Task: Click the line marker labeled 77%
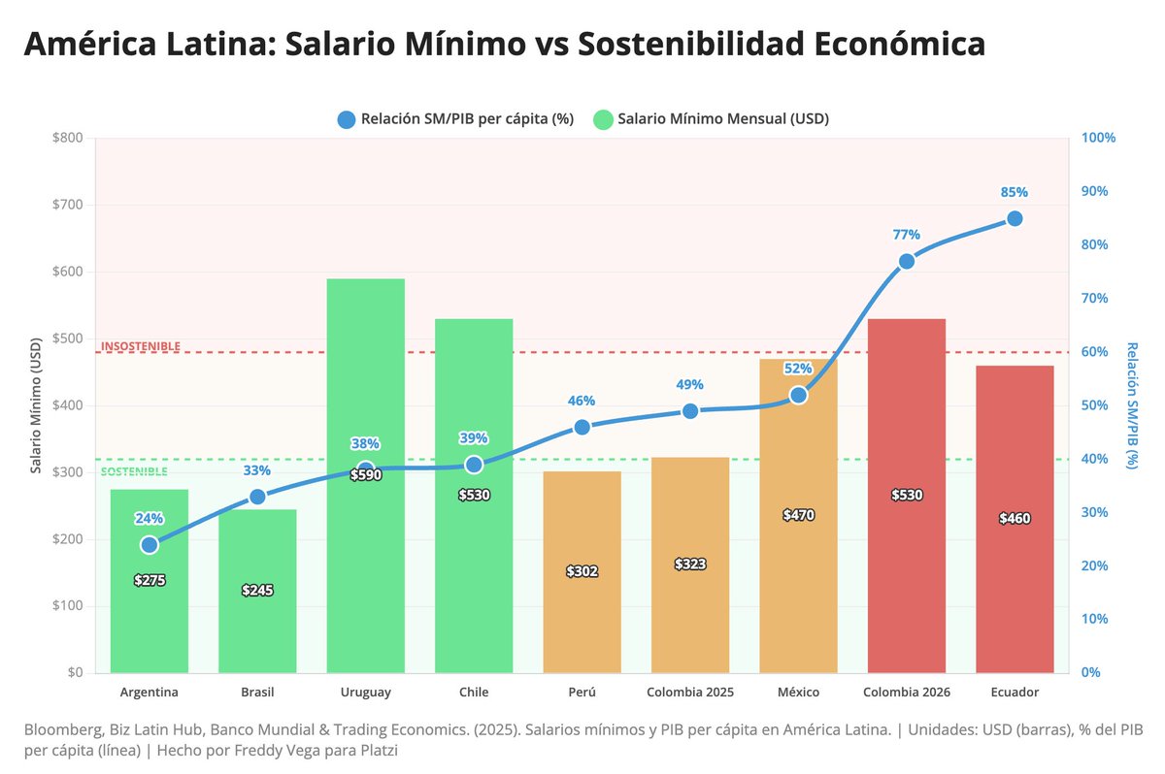[x=907, y=261]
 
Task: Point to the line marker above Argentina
[x=150, y=545]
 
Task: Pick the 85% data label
[x=1015, y=192]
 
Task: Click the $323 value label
[x=690, y=564]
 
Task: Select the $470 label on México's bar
[x=798, y=515]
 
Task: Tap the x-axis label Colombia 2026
[x=907, y=693]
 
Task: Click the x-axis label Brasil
[x=257, y=693]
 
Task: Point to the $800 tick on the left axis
[x=68, y=138]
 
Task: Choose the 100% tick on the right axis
[x=1098, y=138]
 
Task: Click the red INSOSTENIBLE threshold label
[x=141, y=346]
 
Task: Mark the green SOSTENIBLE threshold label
[x=134, y=471]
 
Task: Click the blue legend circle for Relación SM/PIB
[x=347, y=119]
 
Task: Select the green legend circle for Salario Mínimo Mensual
[x=603, y=119]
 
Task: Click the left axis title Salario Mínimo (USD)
[x=36, y=405]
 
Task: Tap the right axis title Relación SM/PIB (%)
[x=1132, y=405]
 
